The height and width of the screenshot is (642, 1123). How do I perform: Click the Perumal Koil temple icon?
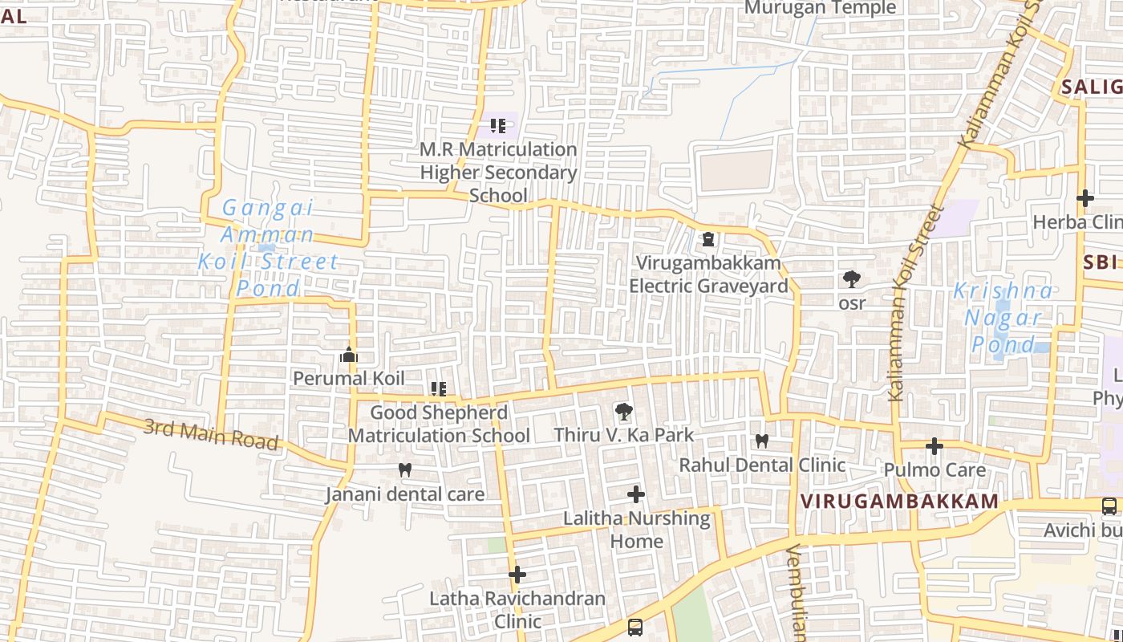pos(348,355)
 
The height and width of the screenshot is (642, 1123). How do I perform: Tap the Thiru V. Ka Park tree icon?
pos(623,412)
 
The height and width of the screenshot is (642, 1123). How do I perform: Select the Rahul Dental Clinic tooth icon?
pos(762,441)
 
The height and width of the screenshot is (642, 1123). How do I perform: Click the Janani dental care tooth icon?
pos(405,470)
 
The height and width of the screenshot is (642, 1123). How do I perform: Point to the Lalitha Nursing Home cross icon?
pos(636,494)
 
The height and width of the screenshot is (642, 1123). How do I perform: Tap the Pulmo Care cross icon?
pos(934,446)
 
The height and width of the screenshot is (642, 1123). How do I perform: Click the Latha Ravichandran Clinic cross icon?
pos(517,575)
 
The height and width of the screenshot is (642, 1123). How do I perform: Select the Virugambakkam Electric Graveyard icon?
pos(708,239)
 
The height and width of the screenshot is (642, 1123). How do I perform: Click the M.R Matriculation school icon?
pos(498,126)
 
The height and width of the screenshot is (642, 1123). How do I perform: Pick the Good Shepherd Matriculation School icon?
pos(439,389)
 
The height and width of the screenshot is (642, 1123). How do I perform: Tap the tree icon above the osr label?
pos(852,279)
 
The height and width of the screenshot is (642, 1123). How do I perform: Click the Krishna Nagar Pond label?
pos(1003,318)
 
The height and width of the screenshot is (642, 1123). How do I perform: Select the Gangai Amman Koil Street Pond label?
pos(268,247)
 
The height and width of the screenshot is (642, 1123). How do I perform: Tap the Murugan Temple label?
pos(820,8)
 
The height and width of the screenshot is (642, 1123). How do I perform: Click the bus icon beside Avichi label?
pos(1109,506)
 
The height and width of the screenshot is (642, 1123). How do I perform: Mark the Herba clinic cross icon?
pos(1085,198)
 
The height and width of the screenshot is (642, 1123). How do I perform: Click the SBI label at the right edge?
pos(1101,262)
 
